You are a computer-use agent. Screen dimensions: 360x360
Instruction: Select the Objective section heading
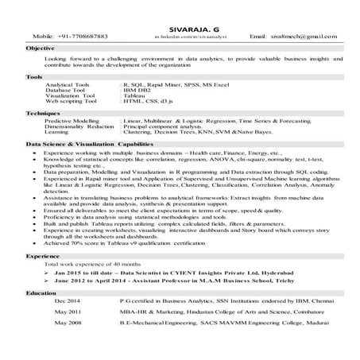41,48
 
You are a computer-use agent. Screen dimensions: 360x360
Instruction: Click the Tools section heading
34,76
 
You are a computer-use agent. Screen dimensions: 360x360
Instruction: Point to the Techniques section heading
41,114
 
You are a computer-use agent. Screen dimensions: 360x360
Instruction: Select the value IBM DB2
138,91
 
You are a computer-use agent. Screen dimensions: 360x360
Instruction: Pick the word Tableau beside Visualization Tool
136,97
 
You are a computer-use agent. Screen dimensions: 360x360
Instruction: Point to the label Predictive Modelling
75,121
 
